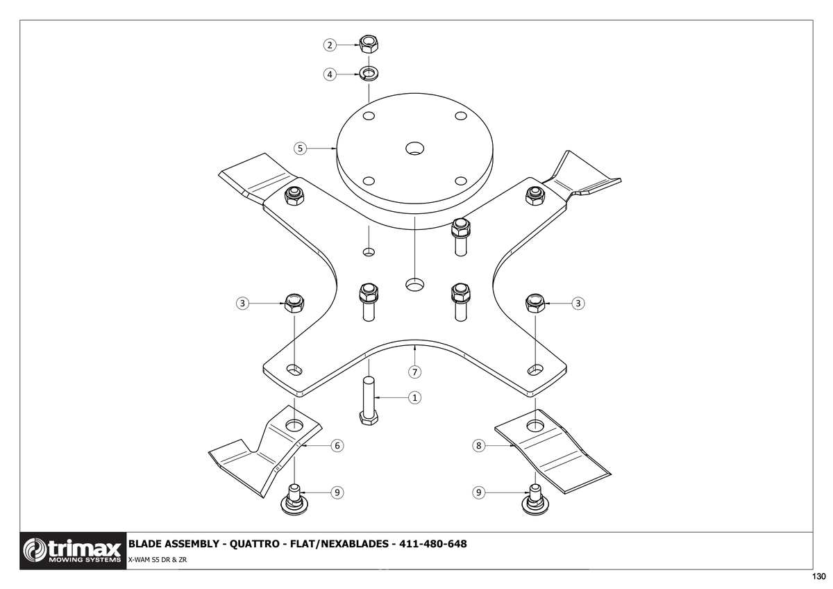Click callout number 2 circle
330,45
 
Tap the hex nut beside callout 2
369,44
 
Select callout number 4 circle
330,74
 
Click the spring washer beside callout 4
369,74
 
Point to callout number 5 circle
300,149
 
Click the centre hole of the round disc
414,149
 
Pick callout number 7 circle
414,372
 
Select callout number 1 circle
414,398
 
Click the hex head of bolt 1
369,418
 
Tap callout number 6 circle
337,445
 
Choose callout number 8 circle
478,445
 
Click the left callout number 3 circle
242,304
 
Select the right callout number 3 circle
578,304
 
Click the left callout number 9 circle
337,492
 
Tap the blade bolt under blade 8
535,499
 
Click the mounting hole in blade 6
294,424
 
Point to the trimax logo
73,551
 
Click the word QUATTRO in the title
254,544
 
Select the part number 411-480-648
433,544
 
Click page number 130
818,576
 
